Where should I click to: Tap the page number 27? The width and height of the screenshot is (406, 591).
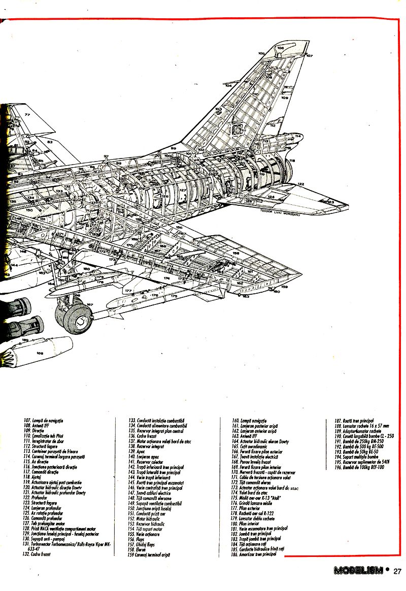pyautogui.click(x=397, y=571)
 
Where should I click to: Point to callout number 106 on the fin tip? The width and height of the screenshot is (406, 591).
pyautogui.click(x=281, y=48)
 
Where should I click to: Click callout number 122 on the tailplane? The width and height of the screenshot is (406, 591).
pyautogui.click(x=300, y=184)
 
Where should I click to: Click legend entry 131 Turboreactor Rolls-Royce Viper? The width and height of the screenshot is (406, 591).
pyautogui.click(x=66, y=545)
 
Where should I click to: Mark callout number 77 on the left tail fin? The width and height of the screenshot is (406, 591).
pyautogui.click(x=27, y=115)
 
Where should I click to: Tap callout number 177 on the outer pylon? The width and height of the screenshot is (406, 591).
pyautogui.click(x=128, y=291)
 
